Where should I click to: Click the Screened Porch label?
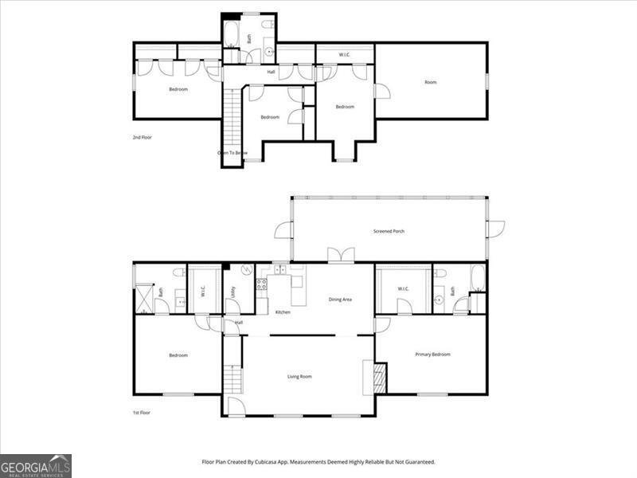click(389, 232)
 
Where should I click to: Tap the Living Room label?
click(299, 376)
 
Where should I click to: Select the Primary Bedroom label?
click(432, 355)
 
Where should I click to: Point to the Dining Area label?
click(340, 300)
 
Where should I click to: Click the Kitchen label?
click(283, 311)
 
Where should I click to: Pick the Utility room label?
click(233, 292)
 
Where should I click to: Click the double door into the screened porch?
click(341, 256)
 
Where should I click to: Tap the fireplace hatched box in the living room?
click(380, 378)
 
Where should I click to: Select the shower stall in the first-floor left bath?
click(145, 299)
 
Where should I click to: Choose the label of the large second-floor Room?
click(431, 82)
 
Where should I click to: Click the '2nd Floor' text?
click(142, 137)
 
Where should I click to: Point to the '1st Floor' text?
click(142, 412)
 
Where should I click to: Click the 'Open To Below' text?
click(233, 152)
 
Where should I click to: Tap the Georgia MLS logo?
click(36, 465)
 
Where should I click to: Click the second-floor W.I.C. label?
click(345, 55)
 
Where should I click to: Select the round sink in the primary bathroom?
click(439, 300)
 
